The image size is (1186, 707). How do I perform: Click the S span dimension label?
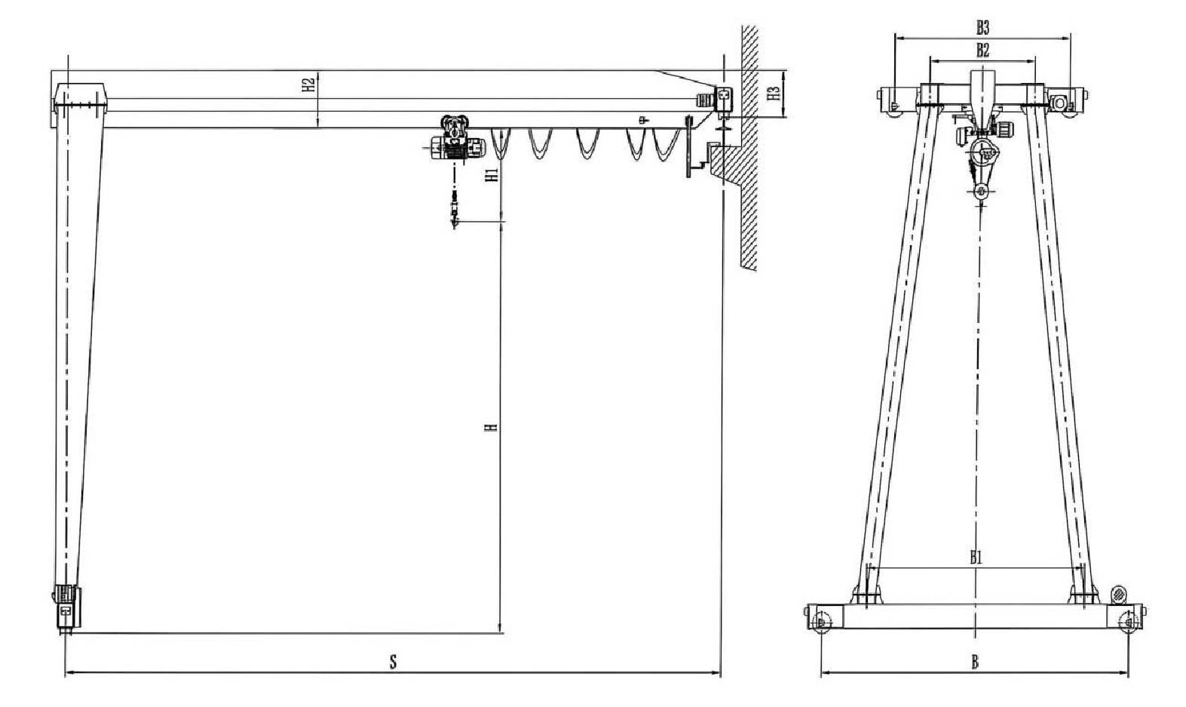point(393,662)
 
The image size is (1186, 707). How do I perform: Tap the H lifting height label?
point(492,426)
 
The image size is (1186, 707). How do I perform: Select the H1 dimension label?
point(492,175)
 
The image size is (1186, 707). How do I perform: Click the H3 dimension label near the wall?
point(774,94)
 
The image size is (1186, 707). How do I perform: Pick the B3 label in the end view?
point(982,28)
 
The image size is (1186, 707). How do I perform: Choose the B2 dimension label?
point(982,51)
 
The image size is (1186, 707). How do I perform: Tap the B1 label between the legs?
point(976,558)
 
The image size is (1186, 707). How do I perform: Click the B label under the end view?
point(974,662)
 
